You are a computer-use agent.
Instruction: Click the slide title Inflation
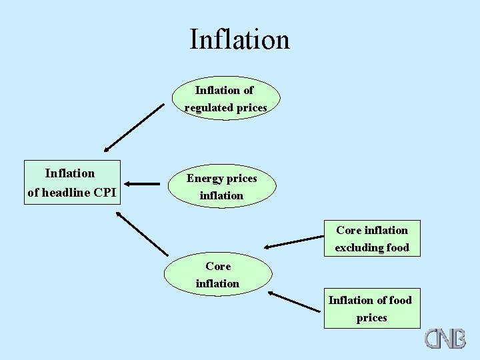click(x=239, y=39)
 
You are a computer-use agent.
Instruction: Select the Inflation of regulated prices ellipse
click(x=225, y=98)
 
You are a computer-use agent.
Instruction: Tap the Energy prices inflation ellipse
click(x=221, y=187)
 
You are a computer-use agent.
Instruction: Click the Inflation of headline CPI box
click(x=71, y=183)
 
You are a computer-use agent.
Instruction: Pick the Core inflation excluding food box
click(x=372, y=238)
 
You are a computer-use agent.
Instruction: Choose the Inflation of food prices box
click(x=372, y=309)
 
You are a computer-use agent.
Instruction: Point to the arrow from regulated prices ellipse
click(x=133, y=127)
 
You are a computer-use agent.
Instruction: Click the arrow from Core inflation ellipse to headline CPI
click(x=142, y=233)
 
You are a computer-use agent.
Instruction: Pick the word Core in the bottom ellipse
click(x=218, y=266)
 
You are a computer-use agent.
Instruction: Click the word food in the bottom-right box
click(x=400, y=300)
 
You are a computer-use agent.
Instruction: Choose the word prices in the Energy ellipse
click(x=241, y=179)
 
